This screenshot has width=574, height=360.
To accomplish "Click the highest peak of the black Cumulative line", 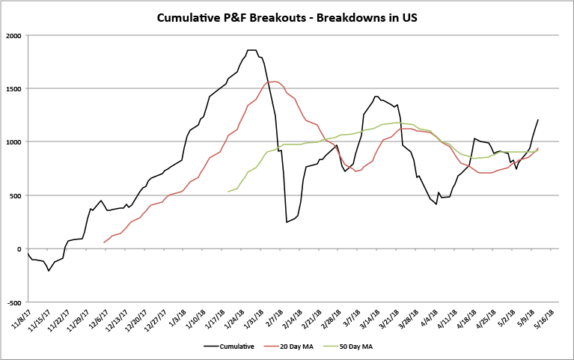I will click(251, 49).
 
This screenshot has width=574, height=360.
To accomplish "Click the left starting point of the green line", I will click(228, 192).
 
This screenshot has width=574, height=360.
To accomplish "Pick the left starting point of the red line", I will click(104, 242).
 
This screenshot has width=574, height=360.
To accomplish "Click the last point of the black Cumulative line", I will click(537, 120).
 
